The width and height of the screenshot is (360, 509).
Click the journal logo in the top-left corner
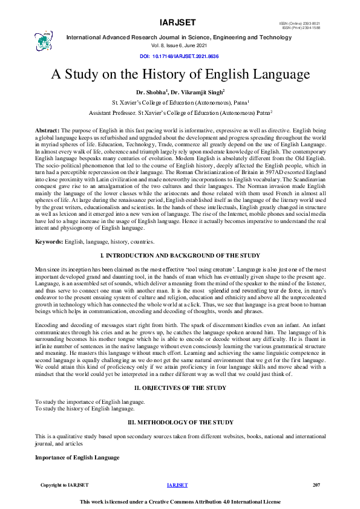coord(45,40)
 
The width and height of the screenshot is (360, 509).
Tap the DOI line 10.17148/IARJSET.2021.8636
coord(180,56)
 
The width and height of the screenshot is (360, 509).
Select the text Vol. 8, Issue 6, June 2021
coord(180,45)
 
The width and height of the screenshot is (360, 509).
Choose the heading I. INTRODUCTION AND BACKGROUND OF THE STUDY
coord(180,257)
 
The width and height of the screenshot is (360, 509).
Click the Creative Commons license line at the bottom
coord(180,502)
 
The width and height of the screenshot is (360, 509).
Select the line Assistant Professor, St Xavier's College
coord(180,112)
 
